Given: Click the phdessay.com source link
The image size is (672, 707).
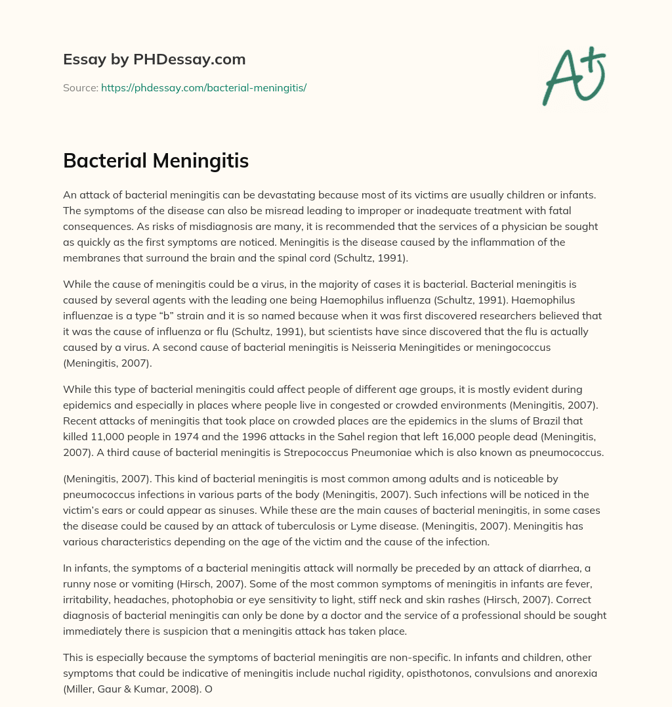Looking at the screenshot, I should [204, 87].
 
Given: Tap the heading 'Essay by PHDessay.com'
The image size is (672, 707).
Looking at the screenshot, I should [154, 60].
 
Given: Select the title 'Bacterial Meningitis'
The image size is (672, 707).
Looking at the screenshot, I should [156, 161].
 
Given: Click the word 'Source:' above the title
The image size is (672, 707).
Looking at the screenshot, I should [81, 87].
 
